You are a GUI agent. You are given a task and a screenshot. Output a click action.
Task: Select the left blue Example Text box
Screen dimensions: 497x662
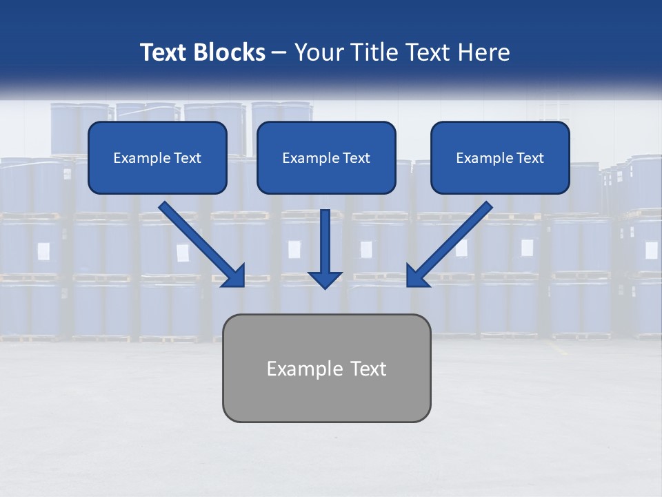[x=157, y=157]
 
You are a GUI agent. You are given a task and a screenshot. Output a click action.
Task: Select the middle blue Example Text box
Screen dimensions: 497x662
[x=326, y=157]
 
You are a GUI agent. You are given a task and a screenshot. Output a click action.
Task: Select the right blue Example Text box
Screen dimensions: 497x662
[x=500, y=157]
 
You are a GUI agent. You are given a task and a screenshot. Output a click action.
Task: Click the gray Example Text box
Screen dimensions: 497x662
[x=326, y=368]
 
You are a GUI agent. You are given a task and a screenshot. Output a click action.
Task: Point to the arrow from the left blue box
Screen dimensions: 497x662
[x=200, y=243]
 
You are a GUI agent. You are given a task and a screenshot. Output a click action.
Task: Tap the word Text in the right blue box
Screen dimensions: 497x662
[x=530, y=158]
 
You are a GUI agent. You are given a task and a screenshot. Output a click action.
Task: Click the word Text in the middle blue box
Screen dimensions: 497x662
[x=356, y=158]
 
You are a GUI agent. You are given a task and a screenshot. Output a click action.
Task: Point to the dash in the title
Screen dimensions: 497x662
[x=279, y=53]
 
